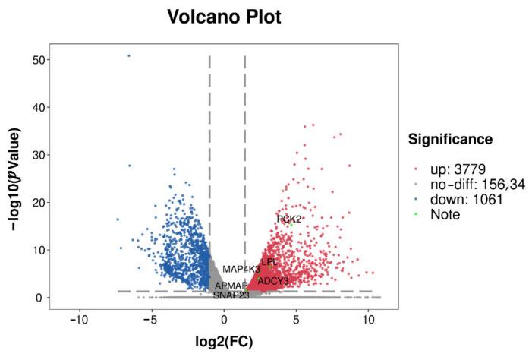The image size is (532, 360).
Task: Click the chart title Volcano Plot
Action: (224, 17)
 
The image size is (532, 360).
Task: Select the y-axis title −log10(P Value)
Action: (16, 178)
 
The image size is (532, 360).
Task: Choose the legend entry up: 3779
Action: (458, 169)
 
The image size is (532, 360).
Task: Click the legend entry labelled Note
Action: (445, 214)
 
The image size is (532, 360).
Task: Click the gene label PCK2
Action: (288, 219)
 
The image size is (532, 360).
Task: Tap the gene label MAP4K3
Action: (241, 270)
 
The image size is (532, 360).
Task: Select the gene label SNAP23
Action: (231, 295)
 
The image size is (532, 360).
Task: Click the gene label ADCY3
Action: (273, 281)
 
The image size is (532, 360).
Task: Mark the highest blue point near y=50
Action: (128, 55)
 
